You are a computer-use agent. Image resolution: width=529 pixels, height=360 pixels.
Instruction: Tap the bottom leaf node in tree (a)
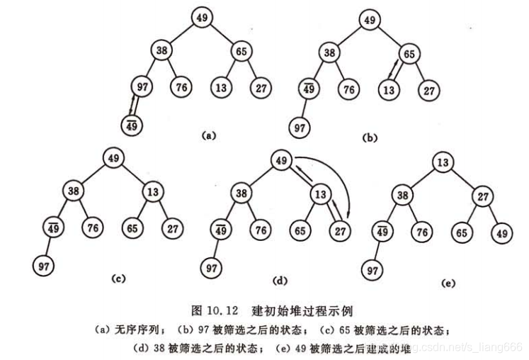(132, 125)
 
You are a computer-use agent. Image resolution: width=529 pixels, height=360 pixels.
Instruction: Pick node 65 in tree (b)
(409, 53)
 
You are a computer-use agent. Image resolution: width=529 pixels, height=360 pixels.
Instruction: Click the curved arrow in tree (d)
(341, 177)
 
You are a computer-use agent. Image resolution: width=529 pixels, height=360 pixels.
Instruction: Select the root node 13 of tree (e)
(442, 164)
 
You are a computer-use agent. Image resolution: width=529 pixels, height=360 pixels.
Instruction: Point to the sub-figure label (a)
(207, 133)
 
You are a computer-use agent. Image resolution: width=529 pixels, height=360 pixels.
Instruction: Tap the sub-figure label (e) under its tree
(446, 282)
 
